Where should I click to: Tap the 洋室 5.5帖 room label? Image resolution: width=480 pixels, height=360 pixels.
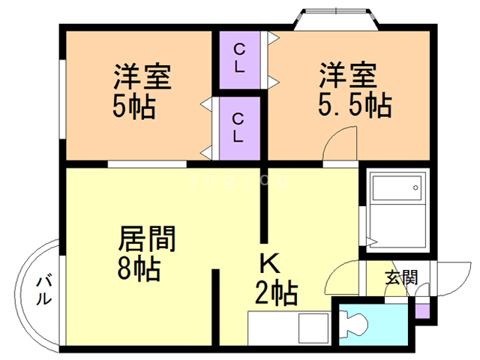352,91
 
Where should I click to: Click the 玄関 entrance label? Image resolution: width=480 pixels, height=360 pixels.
400,277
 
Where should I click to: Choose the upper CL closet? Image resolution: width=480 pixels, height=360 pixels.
239,58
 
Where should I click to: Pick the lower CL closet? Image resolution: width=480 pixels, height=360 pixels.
239,127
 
